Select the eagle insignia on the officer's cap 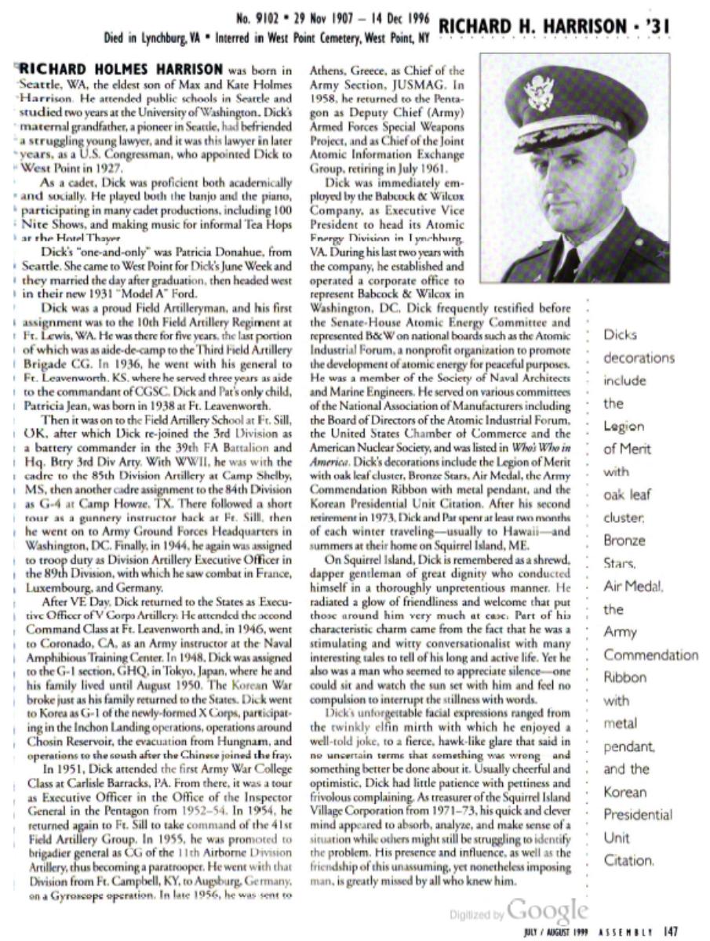(x=541, y=93)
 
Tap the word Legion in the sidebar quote (x=624, y=427)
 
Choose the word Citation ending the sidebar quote (x=628, y=860)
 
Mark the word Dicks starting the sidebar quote (x=620, y=335)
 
